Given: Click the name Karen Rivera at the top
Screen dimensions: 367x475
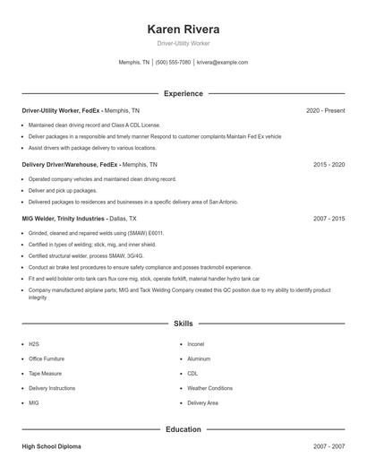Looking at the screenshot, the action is (183, 29).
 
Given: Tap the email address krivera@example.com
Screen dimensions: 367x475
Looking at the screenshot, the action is (222, 63).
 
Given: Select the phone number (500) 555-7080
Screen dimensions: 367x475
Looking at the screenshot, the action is (173, 63).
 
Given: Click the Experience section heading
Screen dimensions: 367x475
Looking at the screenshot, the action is (183, 93).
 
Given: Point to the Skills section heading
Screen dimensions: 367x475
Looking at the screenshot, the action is (183, 323).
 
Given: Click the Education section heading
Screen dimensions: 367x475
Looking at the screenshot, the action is (183, 429).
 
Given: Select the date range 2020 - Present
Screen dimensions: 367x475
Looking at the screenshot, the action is (325, 110).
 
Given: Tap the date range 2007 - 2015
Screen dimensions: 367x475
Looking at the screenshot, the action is (329, 219).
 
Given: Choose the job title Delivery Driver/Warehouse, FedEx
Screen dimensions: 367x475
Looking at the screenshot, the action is (70, 165).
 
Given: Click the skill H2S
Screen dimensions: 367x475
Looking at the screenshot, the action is (34, 344).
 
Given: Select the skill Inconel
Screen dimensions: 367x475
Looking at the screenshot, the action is (196, 344).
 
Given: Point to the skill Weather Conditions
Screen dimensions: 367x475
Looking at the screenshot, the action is (209, 388).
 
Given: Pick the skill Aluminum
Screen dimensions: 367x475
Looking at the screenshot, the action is (199, 358).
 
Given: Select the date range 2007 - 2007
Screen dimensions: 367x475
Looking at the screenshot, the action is (329, 446).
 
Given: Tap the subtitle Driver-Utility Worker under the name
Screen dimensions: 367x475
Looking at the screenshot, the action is (183, 43).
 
